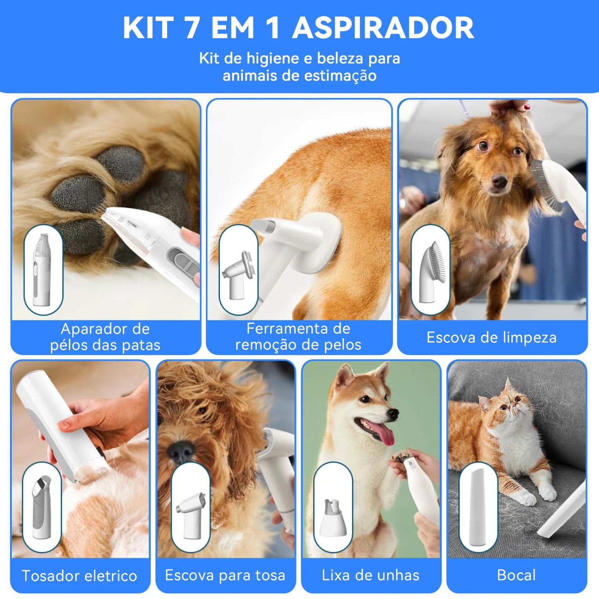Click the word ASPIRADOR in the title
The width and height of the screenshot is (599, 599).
[x=383, y=28]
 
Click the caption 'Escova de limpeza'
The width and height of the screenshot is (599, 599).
[x=491, y=337]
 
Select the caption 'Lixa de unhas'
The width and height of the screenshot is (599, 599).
[x=371, y=575]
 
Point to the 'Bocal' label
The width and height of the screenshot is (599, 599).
[x=516, y=575]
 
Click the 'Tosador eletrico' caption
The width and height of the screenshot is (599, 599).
[x=79, y=576]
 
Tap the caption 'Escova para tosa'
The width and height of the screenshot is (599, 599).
[x=225, y=575]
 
